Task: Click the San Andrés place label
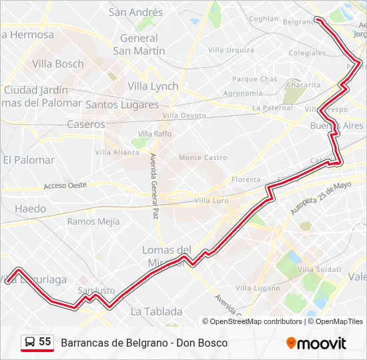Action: tap(135, 12)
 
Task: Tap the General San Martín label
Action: tap(139, 45)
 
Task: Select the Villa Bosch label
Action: tap(58, 64)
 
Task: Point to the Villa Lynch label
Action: tap(153, 86)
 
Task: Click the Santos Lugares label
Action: tap(122, 105)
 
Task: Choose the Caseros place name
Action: tap(86, 124)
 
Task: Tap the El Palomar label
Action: tap(29, 160)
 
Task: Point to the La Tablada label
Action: tap(156, 311)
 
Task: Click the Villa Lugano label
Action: tap(258, 287)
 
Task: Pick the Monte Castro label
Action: tap(203, 157)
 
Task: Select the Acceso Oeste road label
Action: tap(65, 185)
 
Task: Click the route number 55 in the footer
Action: tap(45, 342)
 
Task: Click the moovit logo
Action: tap(316, 343)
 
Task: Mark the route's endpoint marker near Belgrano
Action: tap(318, 20)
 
